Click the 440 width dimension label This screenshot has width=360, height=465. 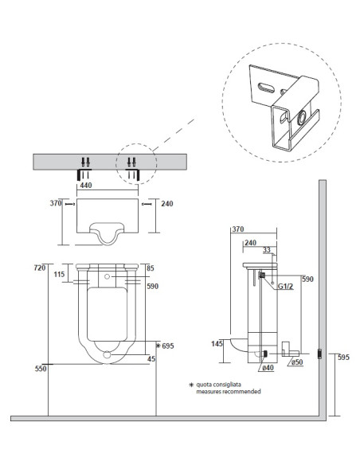pyautogui.click(x=86, y=186)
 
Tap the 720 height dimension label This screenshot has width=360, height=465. pyautogui.click(x=40, y=268)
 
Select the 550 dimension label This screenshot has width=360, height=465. pyautogui.click(x=41, y=369)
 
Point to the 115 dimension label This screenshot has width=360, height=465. pyautogui.click(x=59, y=275)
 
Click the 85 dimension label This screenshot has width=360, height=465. pyautogui.click(x=151, y=268)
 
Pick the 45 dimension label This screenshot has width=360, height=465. pyautogui.click(x=151, y=359)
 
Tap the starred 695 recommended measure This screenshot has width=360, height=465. pyautogui.click(x=165, y=346)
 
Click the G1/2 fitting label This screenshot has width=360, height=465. pyautogui.click(x=286, y=287)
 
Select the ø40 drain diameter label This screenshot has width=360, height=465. pyautogui.click(x=268, y=368)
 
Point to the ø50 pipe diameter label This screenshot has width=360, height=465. pyautogui.click(x=297, y=361)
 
